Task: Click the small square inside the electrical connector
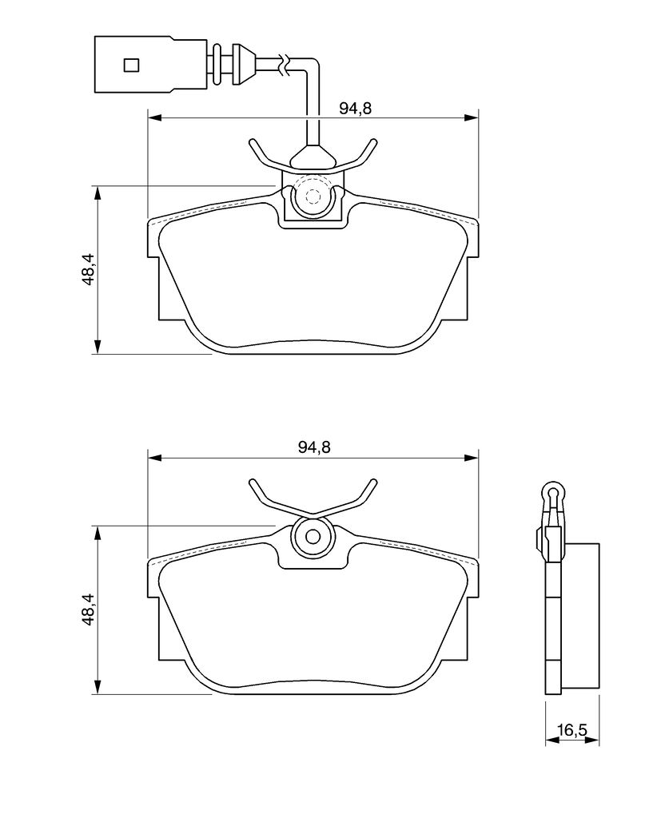point(132,65)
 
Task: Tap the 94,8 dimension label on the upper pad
point(355,108)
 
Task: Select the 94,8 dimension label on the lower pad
point(315,447)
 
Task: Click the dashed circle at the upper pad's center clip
point(313,197)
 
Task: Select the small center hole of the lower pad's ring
point(313,537)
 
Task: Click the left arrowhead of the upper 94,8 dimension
point(155,118)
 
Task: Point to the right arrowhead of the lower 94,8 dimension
point(472,458)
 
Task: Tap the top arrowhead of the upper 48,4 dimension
point(98,193)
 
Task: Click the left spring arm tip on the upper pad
point(253,141)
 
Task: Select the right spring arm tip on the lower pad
point(372,481)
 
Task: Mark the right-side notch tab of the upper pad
point(471,288)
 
